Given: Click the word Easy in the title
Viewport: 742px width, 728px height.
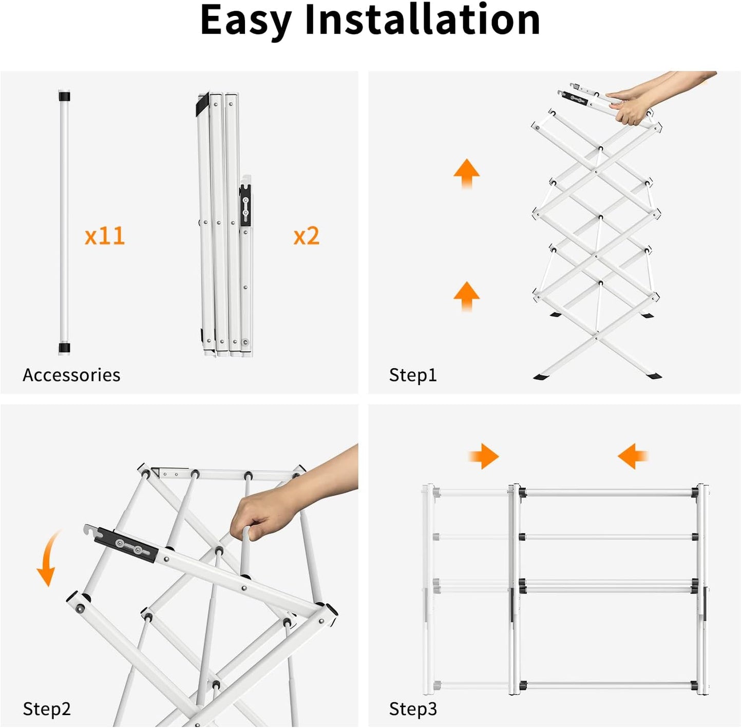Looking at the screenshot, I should point(246,21).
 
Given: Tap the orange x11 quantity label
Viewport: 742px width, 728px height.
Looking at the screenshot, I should point(105,236).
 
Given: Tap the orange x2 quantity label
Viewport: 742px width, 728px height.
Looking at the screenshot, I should point(306,236).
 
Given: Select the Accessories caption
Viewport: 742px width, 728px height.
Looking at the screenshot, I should point(71,375).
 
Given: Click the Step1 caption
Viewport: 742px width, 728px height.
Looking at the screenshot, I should point(413,375).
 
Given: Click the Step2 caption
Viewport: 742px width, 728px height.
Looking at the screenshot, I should point(47,708).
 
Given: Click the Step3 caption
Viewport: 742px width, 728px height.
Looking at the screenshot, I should point(413,708).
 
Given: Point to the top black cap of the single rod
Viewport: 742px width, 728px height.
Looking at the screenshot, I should point(64,97).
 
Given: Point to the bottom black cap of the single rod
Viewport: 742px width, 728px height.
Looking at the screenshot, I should point(64,348).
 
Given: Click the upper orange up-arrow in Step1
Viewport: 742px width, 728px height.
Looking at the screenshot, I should point(466,173).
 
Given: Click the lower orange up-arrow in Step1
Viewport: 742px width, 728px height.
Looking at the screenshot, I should point(466,296).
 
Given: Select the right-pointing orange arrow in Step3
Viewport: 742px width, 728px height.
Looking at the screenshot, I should point(484,456).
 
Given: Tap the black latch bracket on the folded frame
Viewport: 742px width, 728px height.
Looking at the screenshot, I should point(245,205).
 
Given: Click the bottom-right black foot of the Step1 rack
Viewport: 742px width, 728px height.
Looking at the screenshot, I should point(653,376).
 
